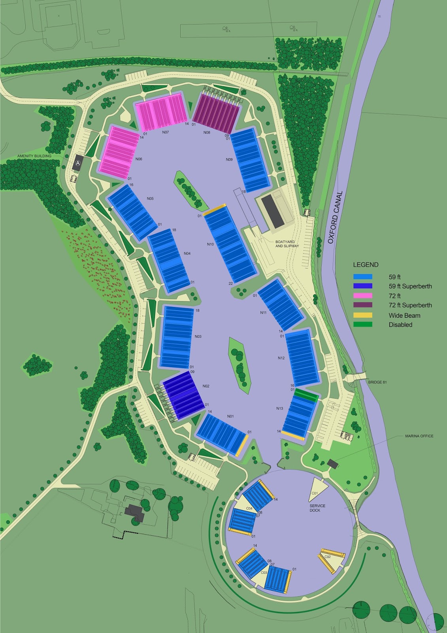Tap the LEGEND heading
366,265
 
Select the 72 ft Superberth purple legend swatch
362,305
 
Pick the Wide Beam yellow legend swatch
362,315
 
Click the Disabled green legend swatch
362,324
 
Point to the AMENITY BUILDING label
34,156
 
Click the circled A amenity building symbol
78,162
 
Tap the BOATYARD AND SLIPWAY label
287,244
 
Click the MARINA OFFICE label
419,436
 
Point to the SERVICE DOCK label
317,508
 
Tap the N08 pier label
207,133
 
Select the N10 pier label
210,244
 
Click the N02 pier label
206,386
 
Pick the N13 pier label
279,408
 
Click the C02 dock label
328,557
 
